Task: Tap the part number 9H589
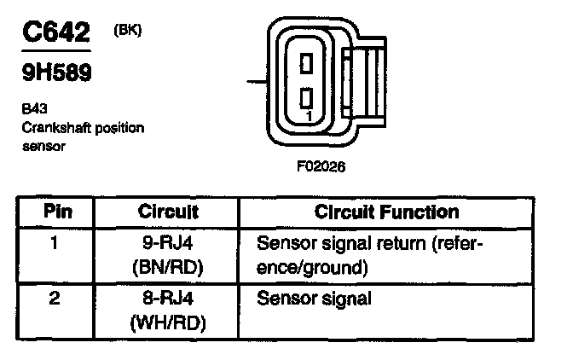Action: (x=57, y=73)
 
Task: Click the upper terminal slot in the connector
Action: (x=308, y=63)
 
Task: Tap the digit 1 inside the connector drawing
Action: (x=308, y=113)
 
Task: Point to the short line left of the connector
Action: (x=256, y=82)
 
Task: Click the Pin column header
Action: (x=57, y=211)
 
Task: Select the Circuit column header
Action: (x=168, y=211)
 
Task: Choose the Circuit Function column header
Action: (x=386, y=211)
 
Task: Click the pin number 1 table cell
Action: (x=56, y=245)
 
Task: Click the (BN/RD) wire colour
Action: (x=167, y=268)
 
